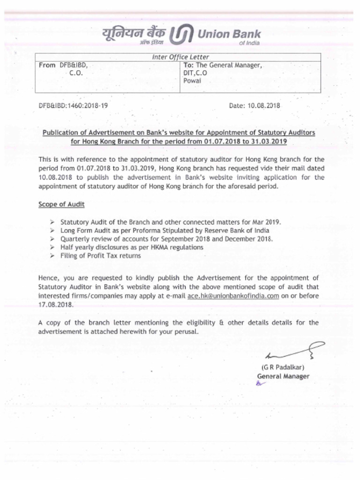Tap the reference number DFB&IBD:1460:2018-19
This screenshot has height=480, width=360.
pos(73,106)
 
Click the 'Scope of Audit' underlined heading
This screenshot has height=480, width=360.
pos(61,205)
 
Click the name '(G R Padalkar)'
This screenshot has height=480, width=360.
pos(283,367)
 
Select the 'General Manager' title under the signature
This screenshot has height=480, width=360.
pos(283,376)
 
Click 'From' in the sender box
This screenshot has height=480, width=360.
pos(47,65)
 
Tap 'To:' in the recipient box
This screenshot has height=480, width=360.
pos(188,65)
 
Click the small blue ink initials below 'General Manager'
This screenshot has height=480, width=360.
pos(261,383)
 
